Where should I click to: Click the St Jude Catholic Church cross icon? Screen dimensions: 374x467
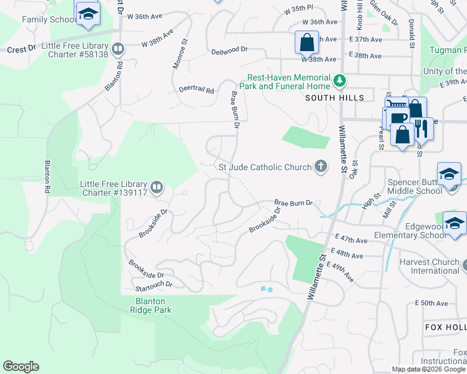click(x=321, y=166)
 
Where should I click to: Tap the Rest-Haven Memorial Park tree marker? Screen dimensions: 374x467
click(x=339, y=80)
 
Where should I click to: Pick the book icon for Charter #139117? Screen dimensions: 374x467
click(x=157, y=186)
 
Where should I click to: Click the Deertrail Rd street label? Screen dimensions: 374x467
click(x=197, y=90)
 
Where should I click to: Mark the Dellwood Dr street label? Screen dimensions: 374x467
click(x=230, y=52)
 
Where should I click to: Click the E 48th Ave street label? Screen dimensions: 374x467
click(x=348, y=256)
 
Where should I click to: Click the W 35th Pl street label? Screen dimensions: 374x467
click(x=297, y=11)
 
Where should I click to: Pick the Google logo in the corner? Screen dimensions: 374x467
click(x=21, y=367)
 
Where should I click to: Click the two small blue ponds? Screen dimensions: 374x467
click(x=267, y=289)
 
